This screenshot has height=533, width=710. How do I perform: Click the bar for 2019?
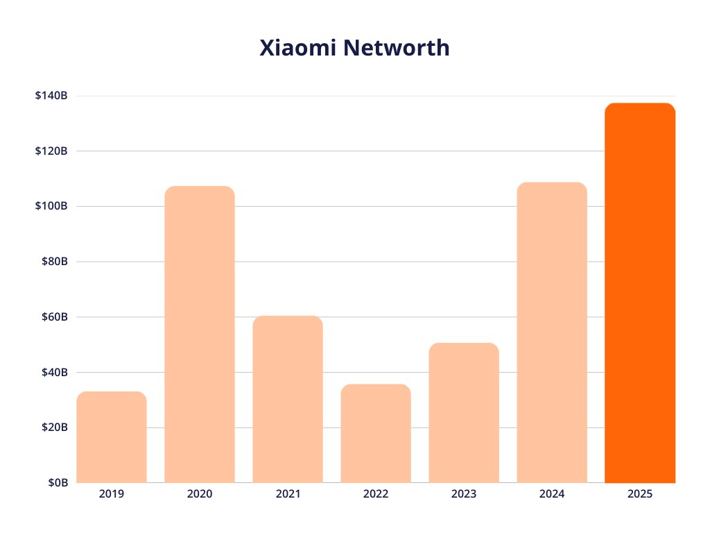[x=112, y=437]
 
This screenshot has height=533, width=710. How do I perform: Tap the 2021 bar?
[x=288, y=399]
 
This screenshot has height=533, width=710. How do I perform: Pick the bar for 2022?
[x=376, y=434]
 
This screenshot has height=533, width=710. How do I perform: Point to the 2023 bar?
[x=464, y=413]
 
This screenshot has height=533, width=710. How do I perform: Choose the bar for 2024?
[x=552, y=332]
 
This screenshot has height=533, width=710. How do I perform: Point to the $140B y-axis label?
[x=51, y=96]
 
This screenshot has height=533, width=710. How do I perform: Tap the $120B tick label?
[x=51, y=151]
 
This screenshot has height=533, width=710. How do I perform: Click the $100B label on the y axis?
[x=51, y=206]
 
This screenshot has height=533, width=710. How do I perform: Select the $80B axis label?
[x=53, y=262]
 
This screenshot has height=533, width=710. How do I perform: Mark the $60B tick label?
[x=53, y=317]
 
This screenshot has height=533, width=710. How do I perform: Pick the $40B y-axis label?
[x=53, y=372]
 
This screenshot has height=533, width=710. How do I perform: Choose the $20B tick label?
[x=53, y=428]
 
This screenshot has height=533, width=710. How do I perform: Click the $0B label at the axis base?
[x=56, y=483]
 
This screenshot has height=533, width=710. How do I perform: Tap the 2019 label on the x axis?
[x=112, y=495]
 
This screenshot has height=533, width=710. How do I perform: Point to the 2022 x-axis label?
[x=376, y=495]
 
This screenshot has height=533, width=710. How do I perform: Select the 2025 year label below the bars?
[x=640, y=495]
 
